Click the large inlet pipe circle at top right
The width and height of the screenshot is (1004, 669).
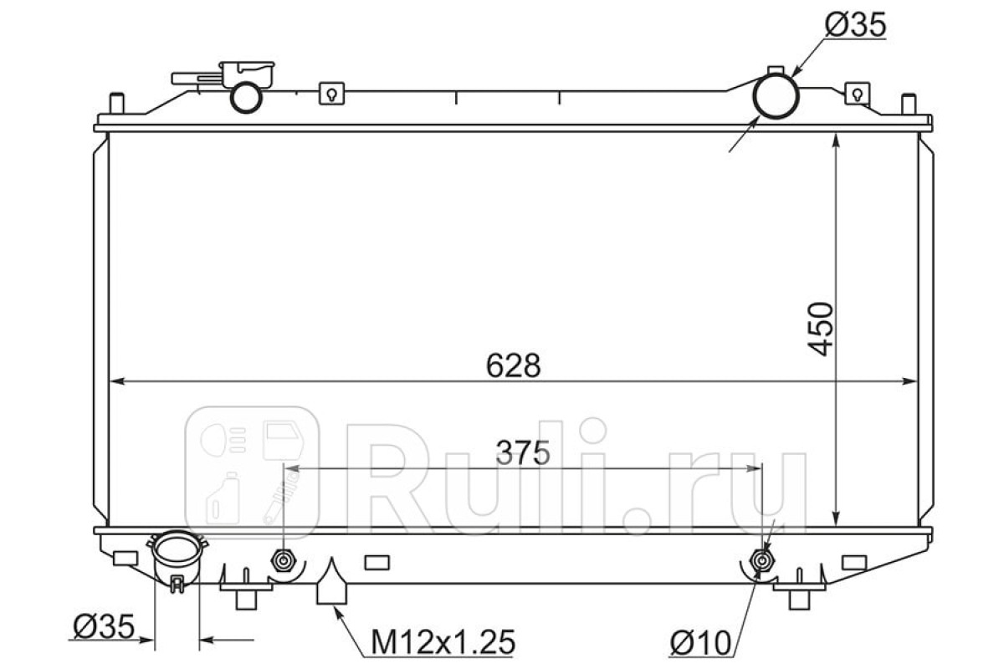click(776, 97)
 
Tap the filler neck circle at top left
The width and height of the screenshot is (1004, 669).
click(246, 98)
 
